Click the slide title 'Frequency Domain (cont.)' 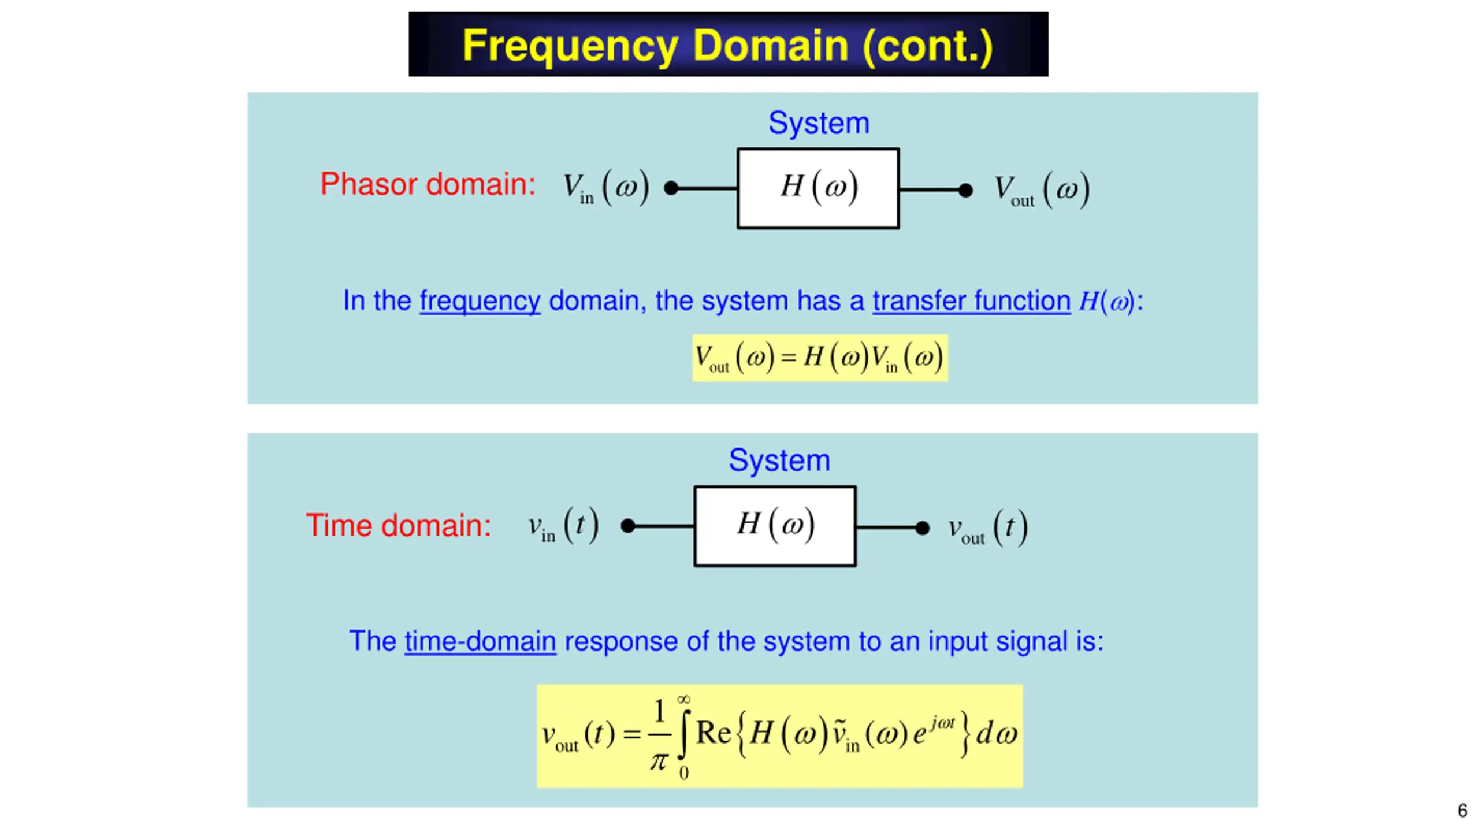[x=727, y=46]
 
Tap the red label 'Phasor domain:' [x=428, y=184]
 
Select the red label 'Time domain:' [x=399, y=525]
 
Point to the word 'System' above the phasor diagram [x=819, y=123]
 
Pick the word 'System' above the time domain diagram [x=779, y=460]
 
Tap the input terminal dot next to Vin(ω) [x=671, y=188]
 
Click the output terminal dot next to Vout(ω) [x=965, y=190]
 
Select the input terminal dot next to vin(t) [x=628, y=526]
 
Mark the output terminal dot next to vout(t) [x=923, y=528]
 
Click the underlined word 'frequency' [x=480, y=301]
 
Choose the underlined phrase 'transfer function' [x=972, y=301]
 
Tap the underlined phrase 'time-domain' [x=480, y=641]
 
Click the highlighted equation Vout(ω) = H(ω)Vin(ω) [x=820, y=358]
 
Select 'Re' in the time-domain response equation [x=714, y=733]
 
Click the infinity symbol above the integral [x=683, y=700]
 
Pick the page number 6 [x=1462, y=811]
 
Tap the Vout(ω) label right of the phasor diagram [x=1042, y=190]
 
